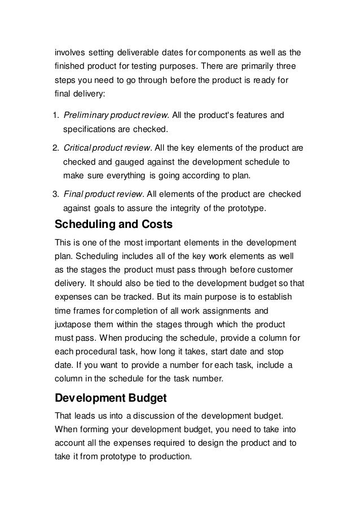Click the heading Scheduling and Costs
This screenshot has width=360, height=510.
click(x=113, y=225)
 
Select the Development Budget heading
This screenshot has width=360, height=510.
click(x=110, y=398)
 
